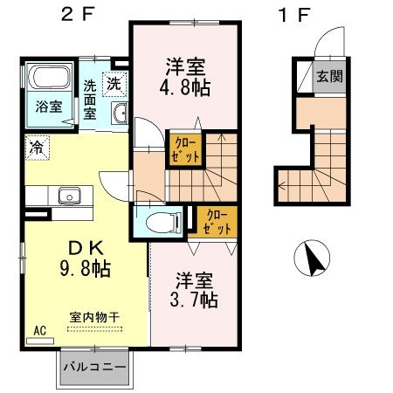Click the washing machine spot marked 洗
click(114, 84)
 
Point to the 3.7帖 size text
click(193, 300)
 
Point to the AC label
click(38, 330)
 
